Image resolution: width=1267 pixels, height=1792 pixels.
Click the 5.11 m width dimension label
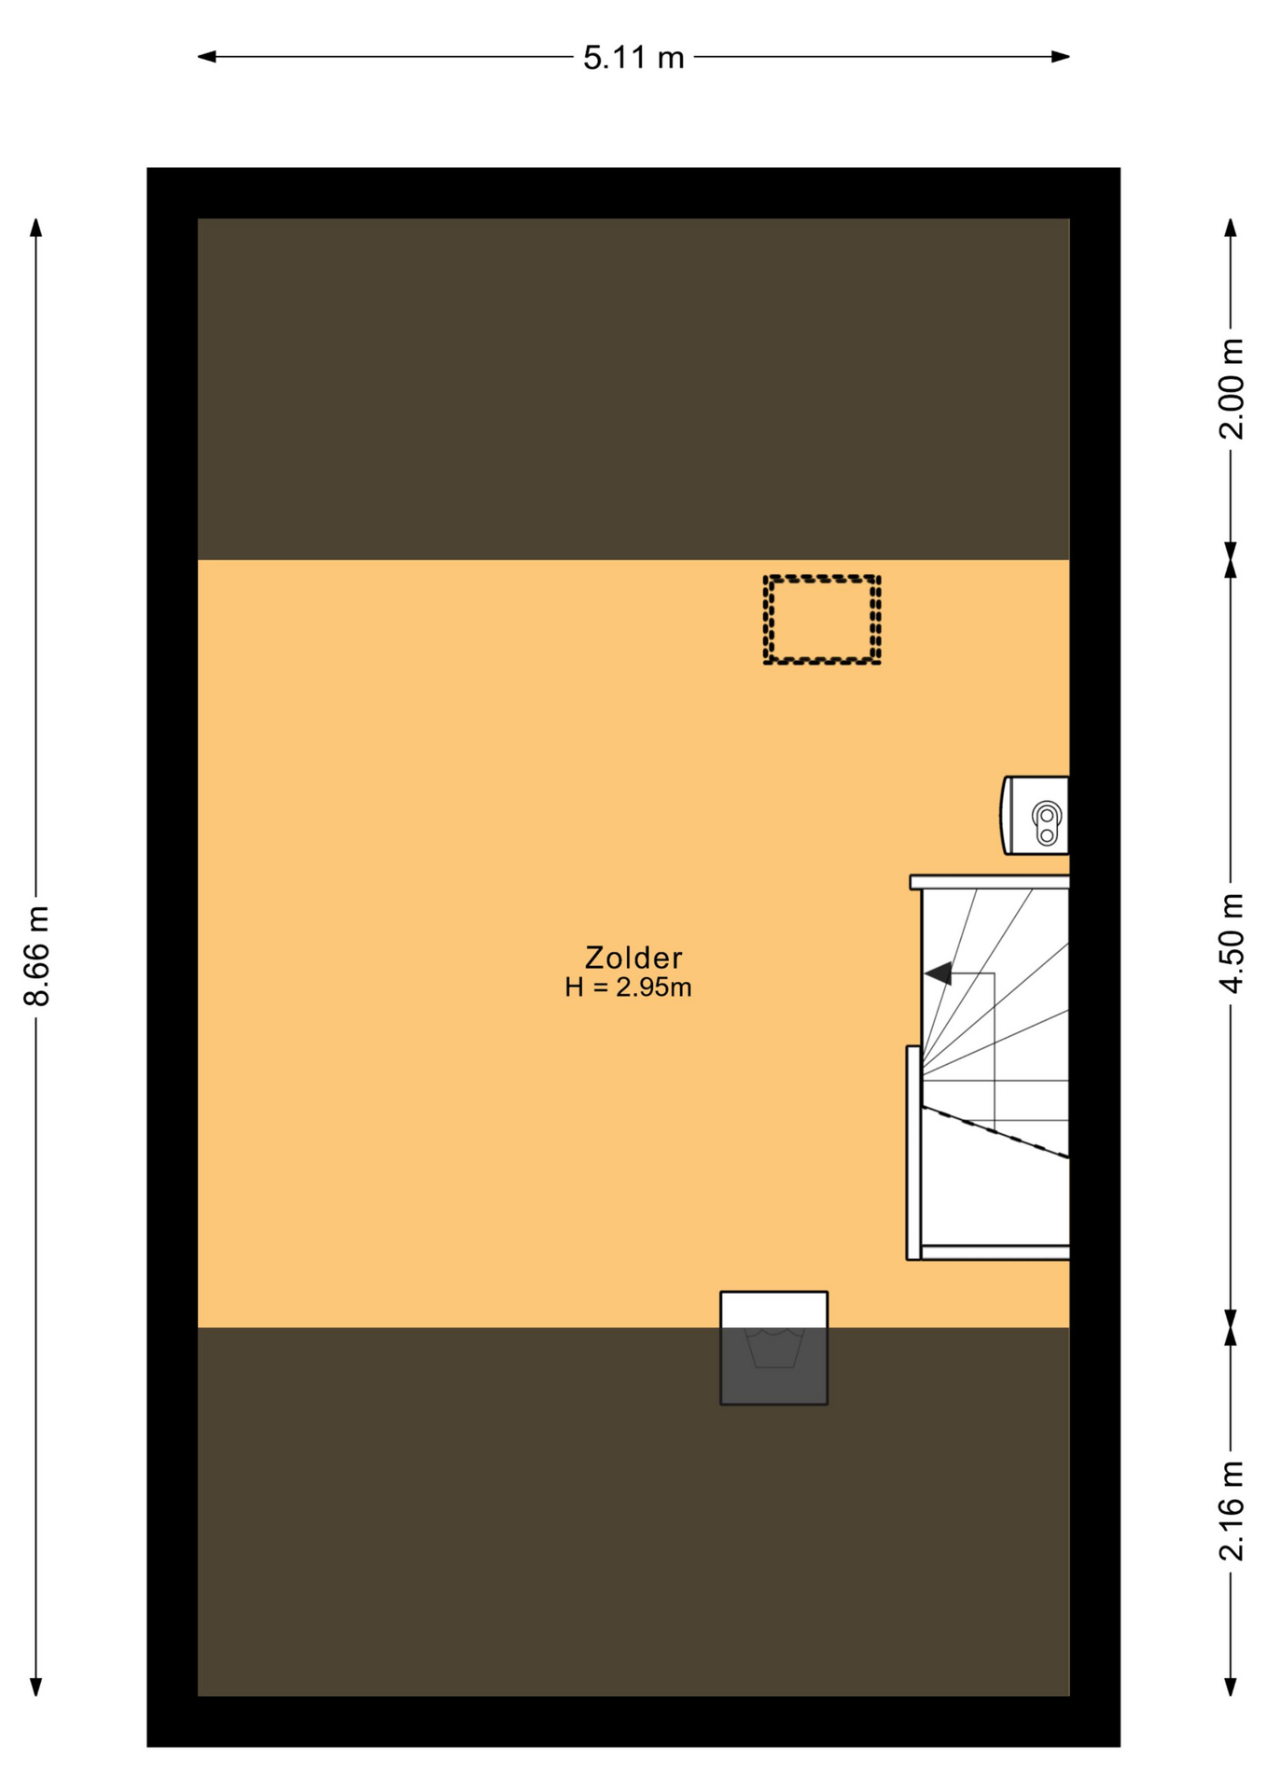pyautogui.click(x=633, y=58)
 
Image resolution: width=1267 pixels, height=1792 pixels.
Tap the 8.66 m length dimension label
pyautogui.click(x=36, y=957)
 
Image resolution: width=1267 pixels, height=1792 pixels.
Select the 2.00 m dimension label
pyautogui.click(x=1232, y=388)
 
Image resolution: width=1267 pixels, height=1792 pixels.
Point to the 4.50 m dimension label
pyautogui.click(x=1232, y=944)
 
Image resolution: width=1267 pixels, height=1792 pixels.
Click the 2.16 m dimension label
pyautogui.click(x=1232, y=1511)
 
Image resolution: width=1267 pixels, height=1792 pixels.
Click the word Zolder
pyautogui.click(x=633, y=958)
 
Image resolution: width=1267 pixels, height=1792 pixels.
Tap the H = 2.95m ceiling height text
pyautogui.click(x=628, y=987)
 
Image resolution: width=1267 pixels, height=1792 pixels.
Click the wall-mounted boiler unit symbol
pyautogui.click(x=1036, y=816)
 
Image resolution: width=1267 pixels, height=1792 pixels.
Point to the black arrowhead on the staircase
pyautogui.click(x=938, y=973)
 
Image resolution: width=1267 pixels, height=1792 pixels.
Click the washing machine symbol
pyautogui.click(x=773, y=1348)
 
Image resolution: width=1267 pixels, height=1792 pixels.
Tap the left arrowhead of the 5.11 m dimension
pyautogui.click(x=206, y=57)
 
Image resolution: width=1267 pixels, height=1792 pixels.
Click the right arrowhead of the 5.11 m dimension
pyautogui.click(x=1061, y=57)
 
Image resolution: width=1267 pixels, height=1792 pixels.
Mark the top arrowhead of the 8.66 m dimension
pyautogui.click(x=36, y=228)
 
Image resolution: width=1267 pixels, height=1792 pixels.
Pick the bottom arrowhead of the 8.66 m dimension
pyautogui.click(x=36, y=1687)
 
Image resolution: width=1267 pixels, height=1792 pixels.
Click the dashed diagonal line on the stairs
pyautogui.click(x=995, y=1132)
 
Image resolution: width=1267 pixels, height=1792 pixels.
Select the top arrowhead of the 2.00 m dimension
pyautogui.click(x=1232, y=228)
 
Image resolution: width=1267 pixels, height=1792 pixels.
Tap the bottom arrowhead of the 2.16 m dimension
pyautogui.click(x=1232, y=1687)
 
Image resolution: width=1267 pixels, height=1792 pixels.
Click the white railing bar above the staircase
pyautogui.click(x=990, y=882)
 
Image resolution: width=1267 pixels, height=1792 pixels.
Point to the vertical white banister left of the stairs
pyautogui.click(x=913, y=1153)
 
